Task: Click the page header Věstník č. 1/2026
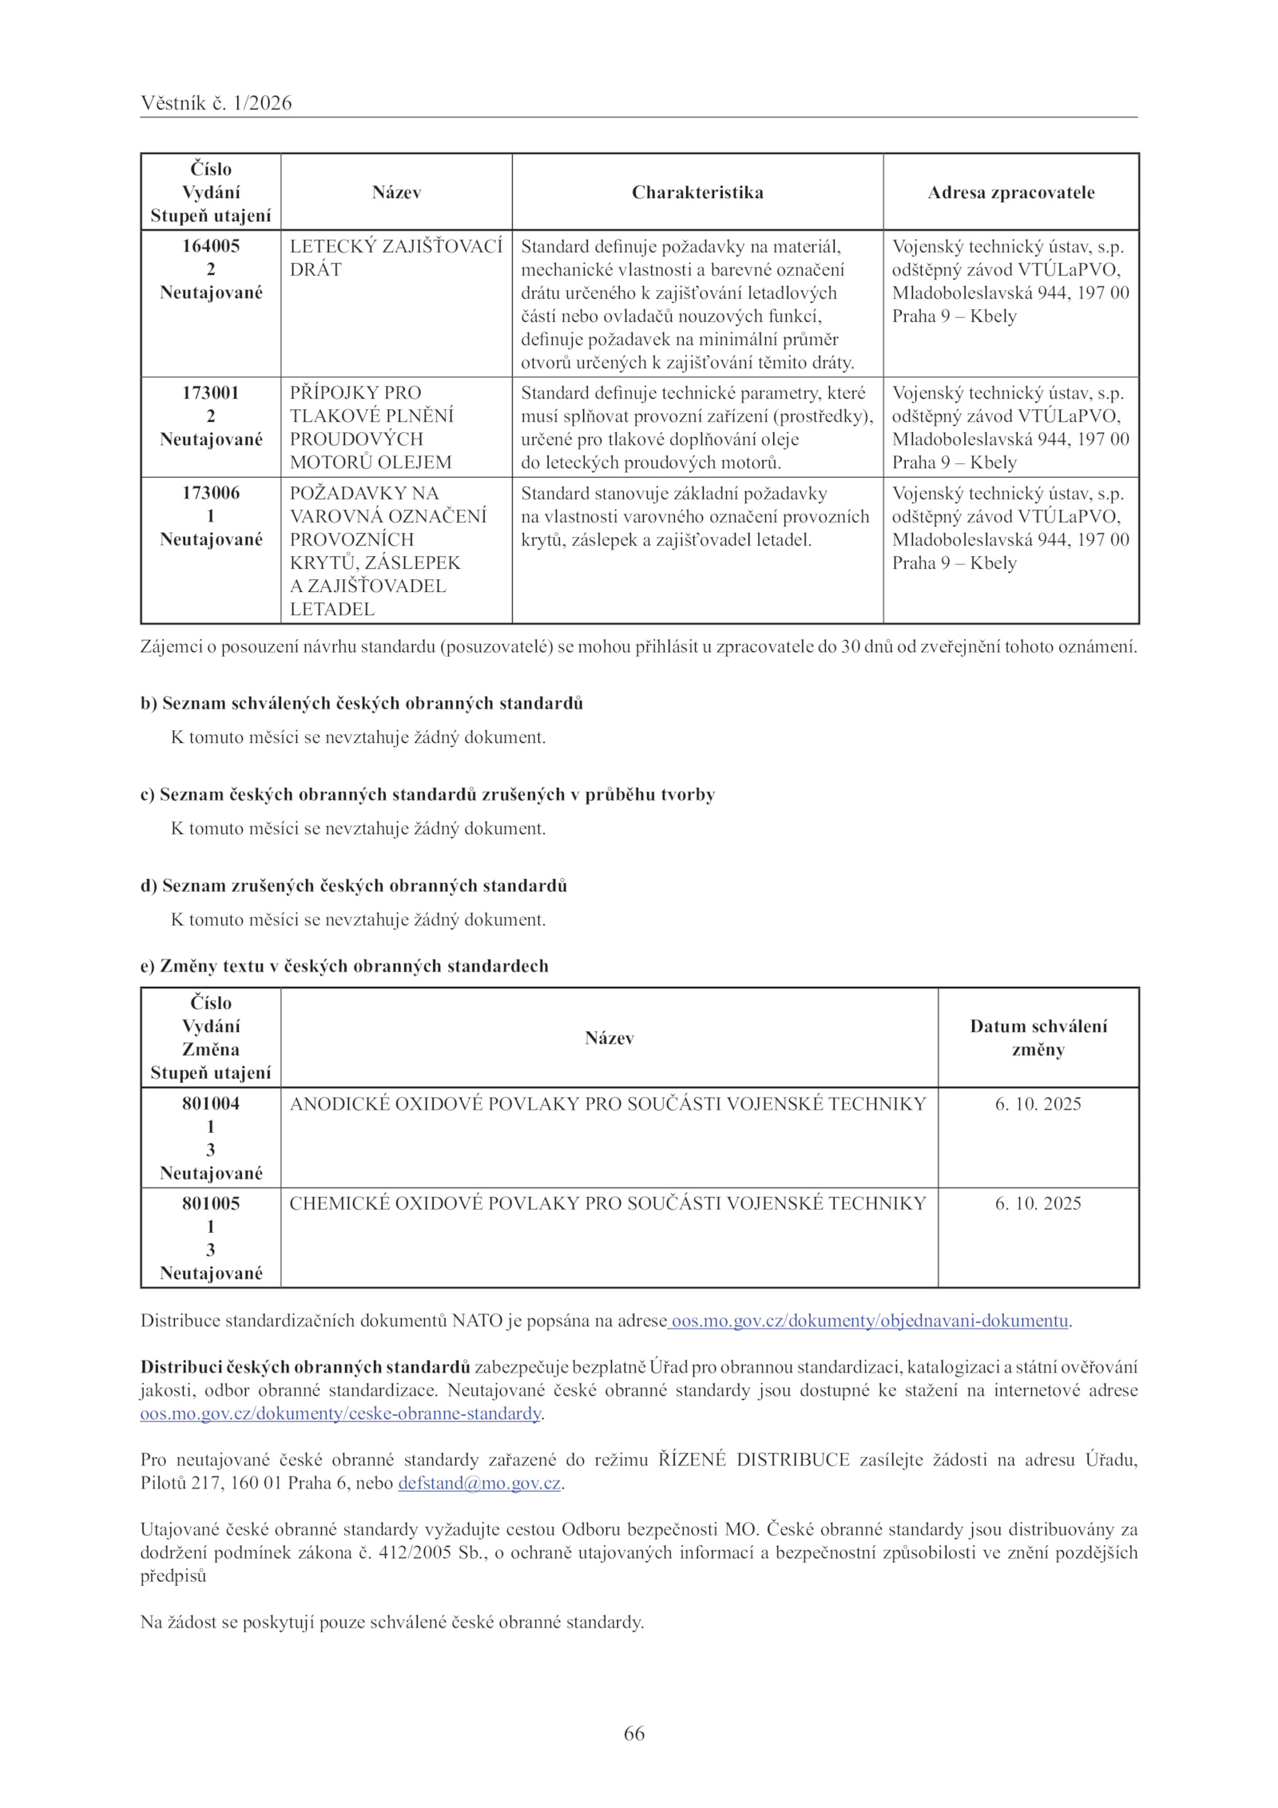(216, 103)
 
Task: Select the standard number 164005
(211, 246)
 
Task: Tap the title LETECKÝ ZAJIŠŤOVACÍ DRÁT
(395, 257)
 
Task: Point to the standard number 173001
(211, 393)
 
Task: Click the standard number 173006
(211, 493)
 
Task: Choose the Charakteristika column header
(697, 193)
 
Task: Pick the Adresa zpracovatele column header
(1010, 193)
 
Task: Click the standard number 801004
(211, 1103)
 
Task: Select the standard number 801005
(211, 1203)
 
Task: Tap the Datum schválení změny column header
(1038, 1038)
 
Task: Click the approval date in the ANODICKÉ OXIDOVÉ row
(1038, 1104)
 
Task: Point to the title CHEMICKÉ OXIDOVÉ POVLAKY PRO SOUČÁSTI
(607, 1204)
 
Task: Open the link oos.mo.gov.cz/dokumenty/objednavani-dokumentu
(869, 1321)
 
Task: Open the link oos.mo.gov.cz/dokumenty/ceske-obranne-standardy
(341, 1413)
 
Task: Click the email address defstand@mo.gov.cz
(479, 1484)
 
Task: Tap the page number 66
(634, 1734)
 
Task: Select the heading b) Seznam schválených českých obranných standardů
(362, 704)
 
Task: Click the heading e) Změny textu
(344, 966)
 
